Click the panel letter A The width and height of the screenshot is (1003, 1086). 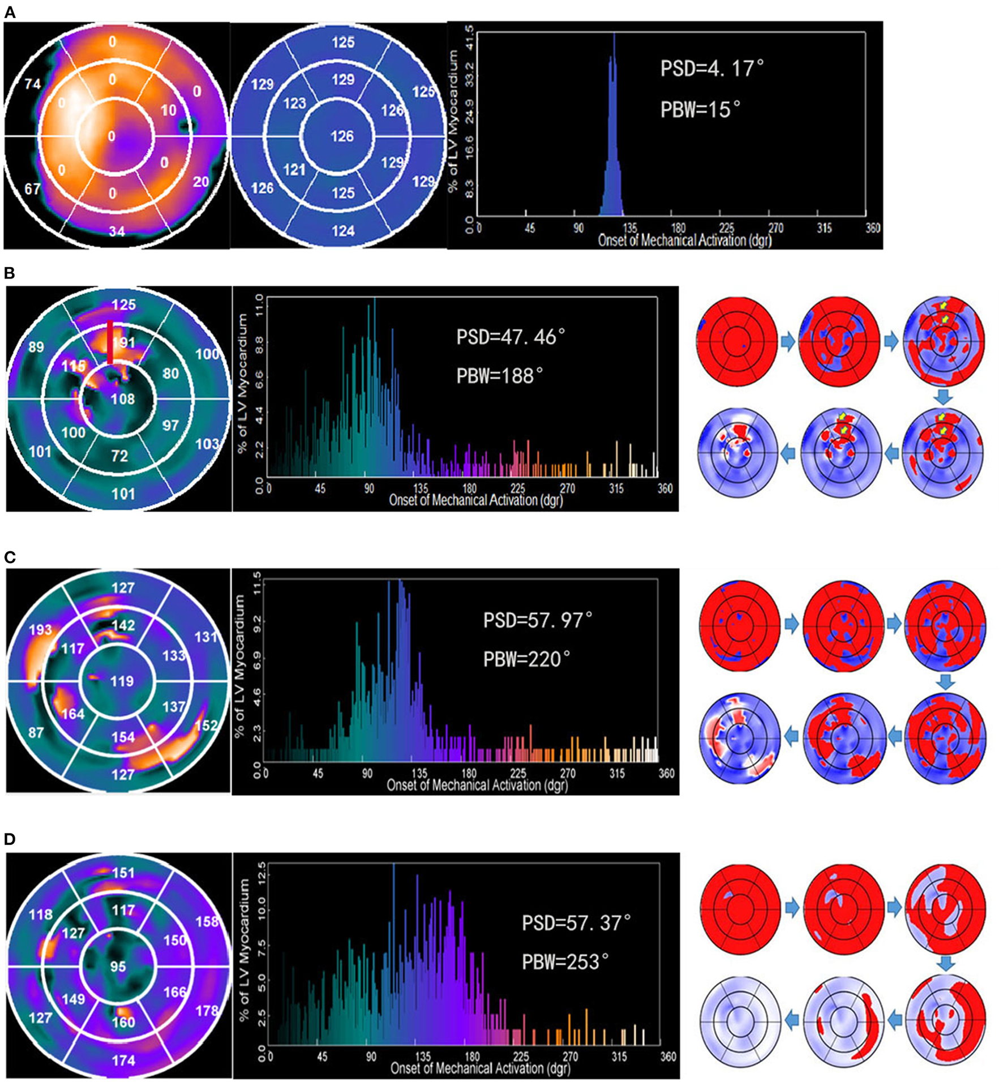tap(10, 12)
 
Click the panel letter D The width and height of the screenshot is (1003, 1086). tap(10, 839)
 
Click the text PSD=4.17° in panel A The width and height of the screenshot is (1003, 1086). tap(711, 69)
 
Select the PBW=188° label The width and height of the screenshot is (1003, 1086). tap(499, 376)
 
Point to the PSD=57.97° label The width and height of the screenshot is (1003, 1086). tap(537, 620)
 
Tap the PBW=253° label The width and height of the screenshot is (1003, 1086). tap(565, 961)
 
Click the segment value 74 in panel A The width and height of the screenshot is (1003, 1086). tap(32, 84)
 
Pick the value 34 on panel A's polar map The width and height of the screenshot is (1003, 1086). tap(117, 231)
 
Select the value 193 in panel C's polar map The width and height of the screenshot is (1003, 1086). tap(40, 629)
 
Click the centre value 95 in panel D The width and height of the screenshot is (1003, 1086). tap(118, 965)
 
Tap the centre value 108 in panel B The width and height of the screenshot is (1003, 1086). tap(122, 399)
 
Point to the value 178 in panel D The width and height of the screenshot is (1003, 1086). tap(207, 1010)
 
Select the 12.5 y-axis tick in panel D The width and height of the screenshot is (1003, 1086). tap(261, 869)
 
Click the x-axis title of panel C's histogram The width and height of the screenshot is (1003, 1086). tap(477, 785)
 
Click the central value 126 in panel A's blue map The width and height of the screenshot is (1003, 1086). tap(342, 136)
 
